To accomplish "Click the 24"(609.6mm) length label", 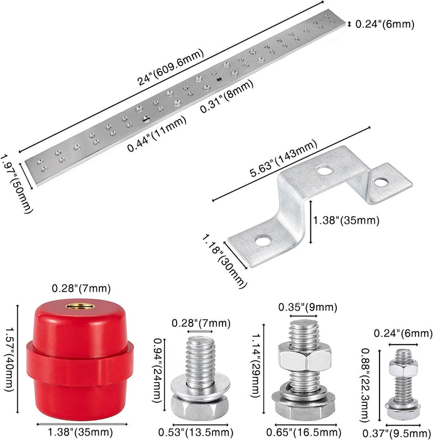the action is click(170, 67).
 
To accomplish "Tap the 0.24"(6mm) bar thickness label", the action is click(385, 24).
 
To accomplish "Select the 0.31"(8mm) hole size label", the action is click(226, 96).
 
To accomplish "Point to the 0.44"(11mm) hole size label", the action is click(156, 133).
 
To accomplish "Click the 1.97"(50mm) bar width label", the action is click(16, 184).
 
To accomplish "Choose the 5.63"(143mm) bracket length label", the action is click(283, 158).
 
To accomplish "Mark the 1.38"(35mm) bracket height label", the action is click(346, 221).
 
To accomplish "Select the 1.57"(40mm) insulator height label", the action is click(9, 361).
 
